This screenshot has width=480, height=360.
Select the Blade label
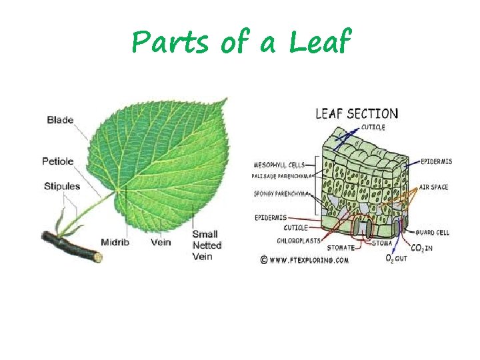[x=60, y=120]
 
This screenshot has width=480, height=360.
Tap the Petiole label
[x=58, y=161]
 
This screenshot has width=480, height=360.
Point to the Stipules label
[x=62, y=186]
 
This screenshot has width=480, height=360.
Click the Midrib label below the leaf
[x=115, y=242]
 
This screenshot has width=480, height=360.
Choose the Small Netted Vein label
[x=207, y=245]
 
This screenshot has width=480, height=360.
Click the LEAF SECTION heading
[x=356, y=114]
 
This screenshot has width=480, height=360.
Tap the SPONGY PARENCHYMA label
[x=281, y=194]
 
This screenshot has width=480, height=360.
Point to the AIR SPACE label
[x=433, y=187]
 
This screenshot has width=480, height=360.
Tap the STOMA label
[x=382, y=243]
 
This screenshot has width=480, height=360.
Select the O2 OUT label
[x=396, y=258]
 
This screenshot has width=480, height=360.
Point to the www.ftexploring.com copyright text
[x=307, y=261]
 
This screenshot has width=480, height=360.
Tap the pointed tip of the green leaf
[x=227, y=99]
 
